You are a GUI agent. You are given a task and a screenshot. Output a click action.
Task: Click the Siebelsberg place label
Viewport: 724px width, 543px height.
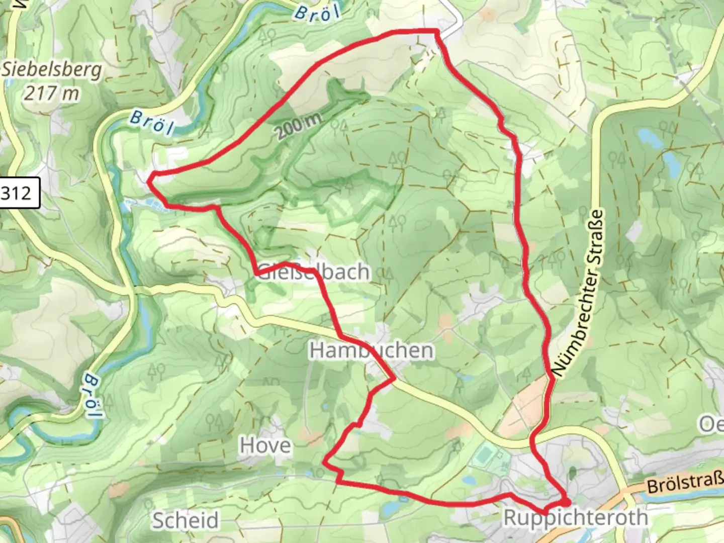(x=52, y=70)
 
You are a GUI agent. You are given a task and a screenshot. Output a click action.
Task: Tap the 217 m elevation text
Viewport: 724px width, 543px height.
(x=52, y=93)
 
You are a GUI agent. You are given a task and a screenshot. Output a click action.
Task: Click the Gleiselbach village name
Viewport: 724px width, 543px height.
(x=314, y=272)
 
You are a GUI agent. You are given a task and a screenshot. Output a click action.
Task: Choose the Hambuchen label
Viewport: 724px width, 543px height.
(x=371, y=350)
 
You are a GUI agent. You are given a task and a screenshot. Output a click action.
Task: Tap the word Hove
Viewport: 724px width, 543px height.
(x=265, y=445)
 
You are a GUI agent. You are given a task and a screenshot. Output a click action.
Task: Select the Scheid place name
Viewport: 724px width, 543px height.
(x=186, y=520)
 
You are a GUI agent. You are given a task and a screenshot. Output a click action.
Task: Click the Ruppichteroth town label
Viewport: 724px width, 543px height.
(x=576, y=517)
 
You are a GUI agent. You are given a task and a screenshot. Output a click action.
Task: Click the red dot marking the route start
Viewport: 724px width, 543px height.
(x=566, y=502)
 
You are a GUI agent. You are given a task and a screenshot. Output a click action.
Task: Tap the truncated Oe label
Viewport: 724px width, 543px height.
(x=711, y=424)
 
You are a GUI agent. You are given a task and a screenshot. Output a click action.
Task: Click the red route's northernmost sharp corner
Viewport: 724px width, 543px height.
(x=436, y=32)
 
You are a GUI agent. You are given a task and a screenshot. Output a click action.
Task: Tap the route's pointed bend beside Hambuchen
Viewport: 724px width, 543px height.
(x=393, y=379)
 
